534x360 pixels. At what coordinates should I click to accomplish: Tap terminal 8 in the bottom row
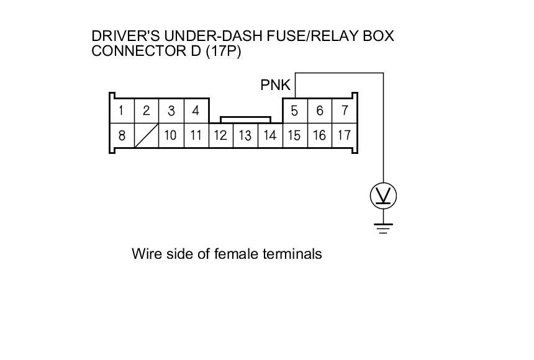point(122,135)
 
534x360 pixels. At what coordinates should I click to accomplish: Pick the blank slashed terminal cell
point(147,135)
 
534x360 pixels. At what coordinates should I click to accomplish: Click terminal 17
point(344,135)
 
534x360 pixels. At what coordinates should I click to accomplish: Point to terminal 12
point(220,135)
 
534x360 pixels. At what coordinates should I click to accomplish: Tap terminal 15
point(295,135)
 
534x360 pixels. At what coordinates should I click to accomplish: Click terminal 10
point(171,135)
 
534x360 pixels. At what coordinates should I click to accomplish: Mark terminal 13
point(245,135)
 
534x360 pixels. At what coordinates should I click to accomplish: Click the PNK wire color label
point(276,85)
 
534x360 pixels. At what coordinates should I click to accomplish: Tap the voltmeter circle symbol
point(383,197)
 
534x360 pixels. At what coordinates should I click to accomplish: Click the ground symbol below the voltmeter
point(383,227)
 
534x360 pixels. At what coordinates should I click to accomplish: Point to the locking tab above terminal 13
point(245,118)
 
